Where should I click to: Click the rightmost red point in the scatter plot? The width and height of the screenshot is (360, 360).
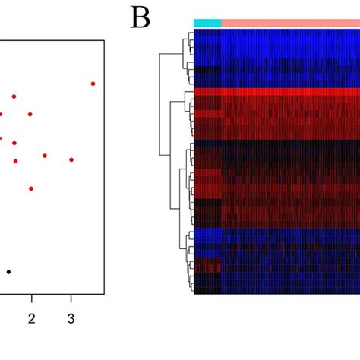point(93,84)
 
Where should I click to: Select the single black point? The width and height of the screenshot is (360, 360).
point(9,271)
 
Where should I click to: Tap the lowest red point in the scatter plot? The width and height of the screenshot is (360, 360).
point(31,188)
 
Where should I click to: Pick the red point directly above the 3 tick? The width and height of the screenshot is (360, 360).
point(71,159)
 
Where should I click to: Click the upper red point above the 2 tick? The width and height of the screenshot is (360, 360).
point(30,115)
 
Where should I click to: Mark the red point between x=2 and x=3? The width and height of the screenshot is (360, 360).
point(45,156)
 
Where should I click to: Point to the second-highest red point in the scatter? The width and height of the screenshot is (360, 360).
point(14,96)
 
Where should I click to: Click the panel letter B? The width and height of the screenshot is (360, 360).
point(141,17)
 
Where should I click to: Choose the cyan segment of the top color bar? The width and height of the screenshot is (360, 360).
point(207,24)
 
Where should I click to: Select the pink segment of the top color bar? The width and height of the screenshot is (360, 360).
point(289,24)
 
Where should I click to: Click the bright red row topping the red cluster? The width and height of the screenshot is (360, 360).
point(277,92)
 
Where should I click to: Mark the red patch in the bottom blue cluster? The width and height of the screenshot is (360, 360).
point(207,265)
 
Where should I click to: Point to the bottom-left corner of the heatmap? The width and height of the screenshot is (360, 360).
point(194,294)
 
